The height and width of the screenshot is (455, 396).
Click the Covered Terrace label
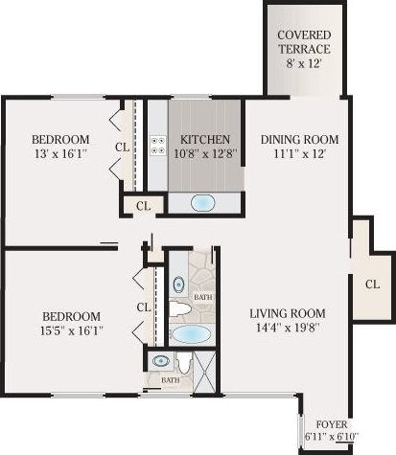tap(304, 43)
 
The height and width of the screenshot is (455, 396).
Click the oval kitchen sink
tap(204, 202)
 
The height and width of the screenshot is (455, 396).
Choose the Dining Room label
tap(300, 139)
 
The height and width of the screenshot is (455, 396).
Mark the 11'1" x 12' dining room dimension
tap(300, 154)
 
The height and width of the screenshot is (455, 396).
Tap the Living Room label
tap(288, 313)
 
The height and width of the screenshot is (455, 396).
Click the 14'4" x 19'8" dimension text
tap(288, 330)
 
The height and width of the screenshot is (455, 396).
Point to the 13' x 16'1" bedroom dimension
tap(59, 154)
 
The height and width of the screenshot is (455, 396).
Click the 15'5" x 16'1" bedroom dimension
tap(71, 330)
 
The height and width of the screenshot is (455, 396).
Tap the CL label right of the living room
tap(372, 284)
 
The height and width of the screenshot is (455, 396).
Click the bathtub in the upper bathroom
tap(192, 335)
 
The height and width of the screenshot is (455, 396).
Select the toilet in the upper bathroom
tap(182, 308)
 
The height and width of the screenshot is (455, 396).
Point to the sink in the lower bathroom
tap(160, 362)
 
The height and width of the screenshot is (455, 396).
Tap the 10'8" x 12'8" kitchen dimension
tap(204, 154)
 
